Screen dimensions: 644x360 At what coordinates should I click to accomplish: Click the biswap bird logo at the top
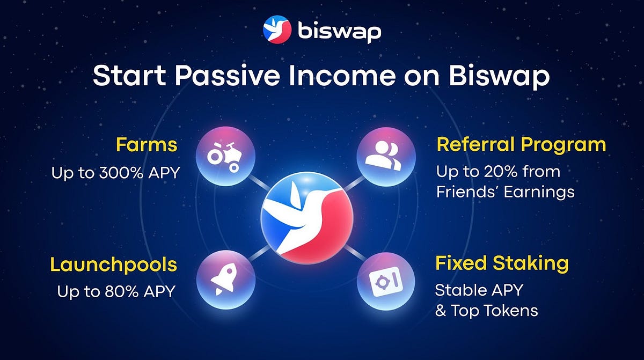coord(277,30)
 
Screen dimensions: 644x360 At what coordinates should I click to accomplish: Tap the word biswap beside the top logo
coord(340,31)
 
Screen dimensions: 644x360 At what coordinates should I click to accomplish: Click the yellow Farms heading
coord(147,144)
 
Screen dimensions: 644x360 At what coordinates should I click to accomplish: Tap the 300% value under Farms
coord(121,173)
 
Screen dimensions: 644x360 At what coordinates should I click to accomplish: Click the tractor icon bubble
coord(226,156)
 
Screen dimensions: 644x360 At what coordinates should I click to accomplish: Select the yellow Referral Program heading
coord(521,144)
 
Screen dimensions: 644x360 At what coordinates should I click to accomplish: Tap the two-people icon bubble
coord(386,157)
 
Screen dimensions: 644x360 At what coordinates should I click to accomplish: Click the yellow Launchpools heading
coord(114,265)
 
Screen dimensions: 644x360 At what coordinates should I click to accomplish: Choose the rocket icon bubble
coord(226,280)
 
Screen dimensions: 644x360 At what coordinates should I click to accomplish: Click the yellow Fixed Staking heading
coord(502,264)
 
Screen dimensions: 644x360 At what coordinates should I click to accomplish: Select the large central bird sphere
coord(307,217)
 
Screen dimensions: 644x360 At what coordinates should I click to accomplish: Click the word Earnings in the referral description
coord(539,192)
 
